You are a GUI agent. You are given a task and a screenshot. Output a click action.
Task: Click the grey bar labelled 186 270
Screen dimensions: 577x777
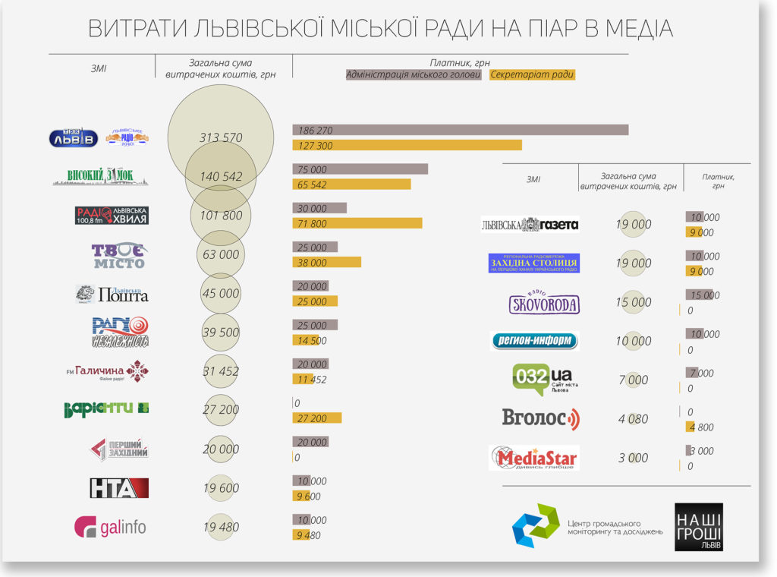460,130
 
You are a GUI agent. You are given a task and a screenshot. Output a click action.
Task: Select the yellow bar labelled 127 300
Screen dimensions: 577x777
407,145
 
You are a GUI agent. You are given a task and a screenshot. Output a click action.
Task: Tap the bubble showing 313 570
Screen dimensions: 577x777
221,137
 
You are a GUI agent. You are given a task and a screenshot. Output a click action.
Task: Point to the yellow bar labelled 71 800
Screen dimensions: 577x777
357,223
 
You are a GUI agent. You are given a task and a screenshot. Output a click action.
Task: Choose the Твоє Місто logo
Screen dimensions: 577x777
118,255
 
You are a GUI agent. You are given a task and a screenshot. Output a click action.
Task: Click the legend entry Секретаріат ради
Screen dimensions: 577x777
533,75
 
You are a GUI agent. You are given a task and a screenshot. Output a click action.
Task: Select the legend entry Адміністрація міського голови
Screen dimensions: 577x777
413,75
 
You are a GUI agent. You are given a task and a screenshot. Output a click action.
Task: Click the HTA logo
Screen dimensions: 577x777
118,488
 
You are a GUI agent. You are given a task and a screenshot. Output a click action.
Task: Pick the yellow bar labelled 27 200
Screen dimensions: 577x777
316,418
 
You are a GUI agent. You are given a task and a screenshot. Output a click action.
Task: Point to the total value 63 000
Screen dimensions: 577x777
221,254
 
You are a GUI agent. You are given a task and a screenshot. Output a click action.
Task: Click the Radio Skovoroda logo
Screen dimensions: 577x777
544,303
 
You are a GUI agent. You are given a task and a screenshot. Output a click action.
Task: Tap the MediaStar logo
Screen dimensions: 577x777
534,458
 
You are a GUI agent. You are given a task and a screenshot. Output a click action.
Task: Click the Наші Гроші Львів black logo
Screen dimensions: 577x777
698,527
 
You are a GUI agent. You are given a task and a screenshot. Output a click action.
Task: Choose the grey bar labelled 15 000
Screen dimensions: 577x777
699,295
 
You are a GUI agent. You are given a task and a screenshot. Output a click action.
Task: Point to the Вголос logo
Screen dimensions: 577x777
540,418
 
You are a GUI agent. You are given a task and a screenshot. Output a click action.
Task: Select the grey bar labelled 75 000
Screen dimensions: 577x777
360,169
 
